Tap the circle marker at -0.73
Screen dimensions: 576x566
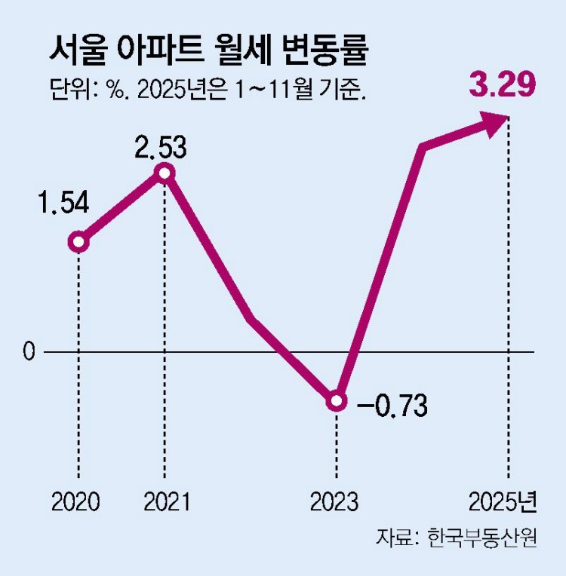click(x=337, y=401)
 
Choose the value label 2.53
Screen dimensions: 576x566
click(x=161, y=147)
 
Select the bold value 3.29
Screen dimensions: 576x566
click(x=503, y=84)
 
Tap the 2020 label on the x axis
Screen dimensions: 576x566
click(x=76, y=501)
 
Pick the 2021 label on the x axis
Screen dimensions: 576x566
click(x=165, y=501)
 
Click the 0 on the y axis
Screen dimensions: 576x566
click(x=29, y=352)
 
